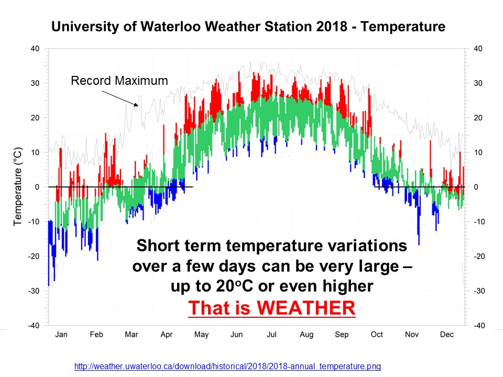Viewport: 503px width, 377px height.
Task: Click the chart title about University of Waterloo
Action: tap(248, 27)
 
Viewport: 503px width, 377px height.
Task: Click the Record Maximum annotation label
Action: tap(119, 81)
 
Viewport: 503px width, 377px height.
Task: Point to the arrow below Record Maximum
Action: tap(119, 99)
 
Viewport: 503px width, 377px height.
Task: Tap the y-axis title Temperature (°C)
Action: tap(17, 186)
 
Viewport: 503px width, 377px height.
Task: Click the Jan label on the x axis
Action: tap(61, 334)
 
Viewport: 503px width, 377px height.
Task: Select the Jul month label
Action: tap(271, 334)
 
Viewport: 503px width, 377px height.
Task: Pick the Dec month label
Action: tap(447, 334)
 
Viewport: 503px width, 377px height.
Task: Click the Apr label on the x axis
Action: tap(167, 334)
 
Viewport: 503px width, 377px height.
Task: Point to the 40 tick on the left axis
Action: tap(35, 49)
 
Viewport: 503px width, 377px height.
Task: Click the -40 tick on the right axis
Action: tap(478, 326)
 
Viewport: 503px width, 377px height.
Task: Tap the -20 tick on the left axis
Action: tap(34, 256)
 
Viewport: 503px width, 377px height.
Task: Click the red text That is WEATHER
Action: tap(272, 308)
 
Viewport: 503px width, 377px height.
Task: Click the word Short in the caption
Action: tap(157, 245)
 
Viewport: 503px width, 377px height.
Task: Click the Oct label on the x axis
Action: tap(377, 334)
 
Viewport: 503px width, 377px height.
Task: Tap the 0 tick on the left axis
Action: tap(37, 187)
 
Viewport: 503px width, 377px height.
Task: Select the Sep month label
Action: tap(342, 334)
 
